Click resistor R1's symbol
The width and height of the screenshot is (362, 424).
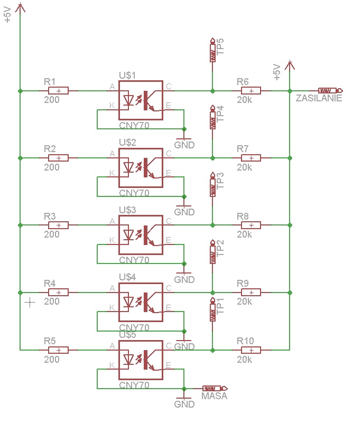[58, 91]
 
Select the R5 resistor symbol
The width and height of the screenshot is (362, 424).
[58, 350]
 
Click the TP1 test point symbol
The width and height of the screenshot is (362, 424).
[213, 311]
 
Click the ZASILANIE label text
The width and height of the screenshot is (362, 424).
[319, 98]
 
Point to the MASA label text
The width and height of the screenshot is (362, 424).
[215, 396]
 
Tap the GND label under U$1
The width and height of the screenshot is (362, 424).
[184, 145]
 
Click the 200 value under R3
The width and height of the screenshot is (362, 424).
[52, 234]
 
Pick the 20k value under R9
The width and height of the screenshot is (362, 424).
[245, 301]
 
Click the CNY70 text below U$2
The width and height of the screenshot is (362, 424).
[134, 193]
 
